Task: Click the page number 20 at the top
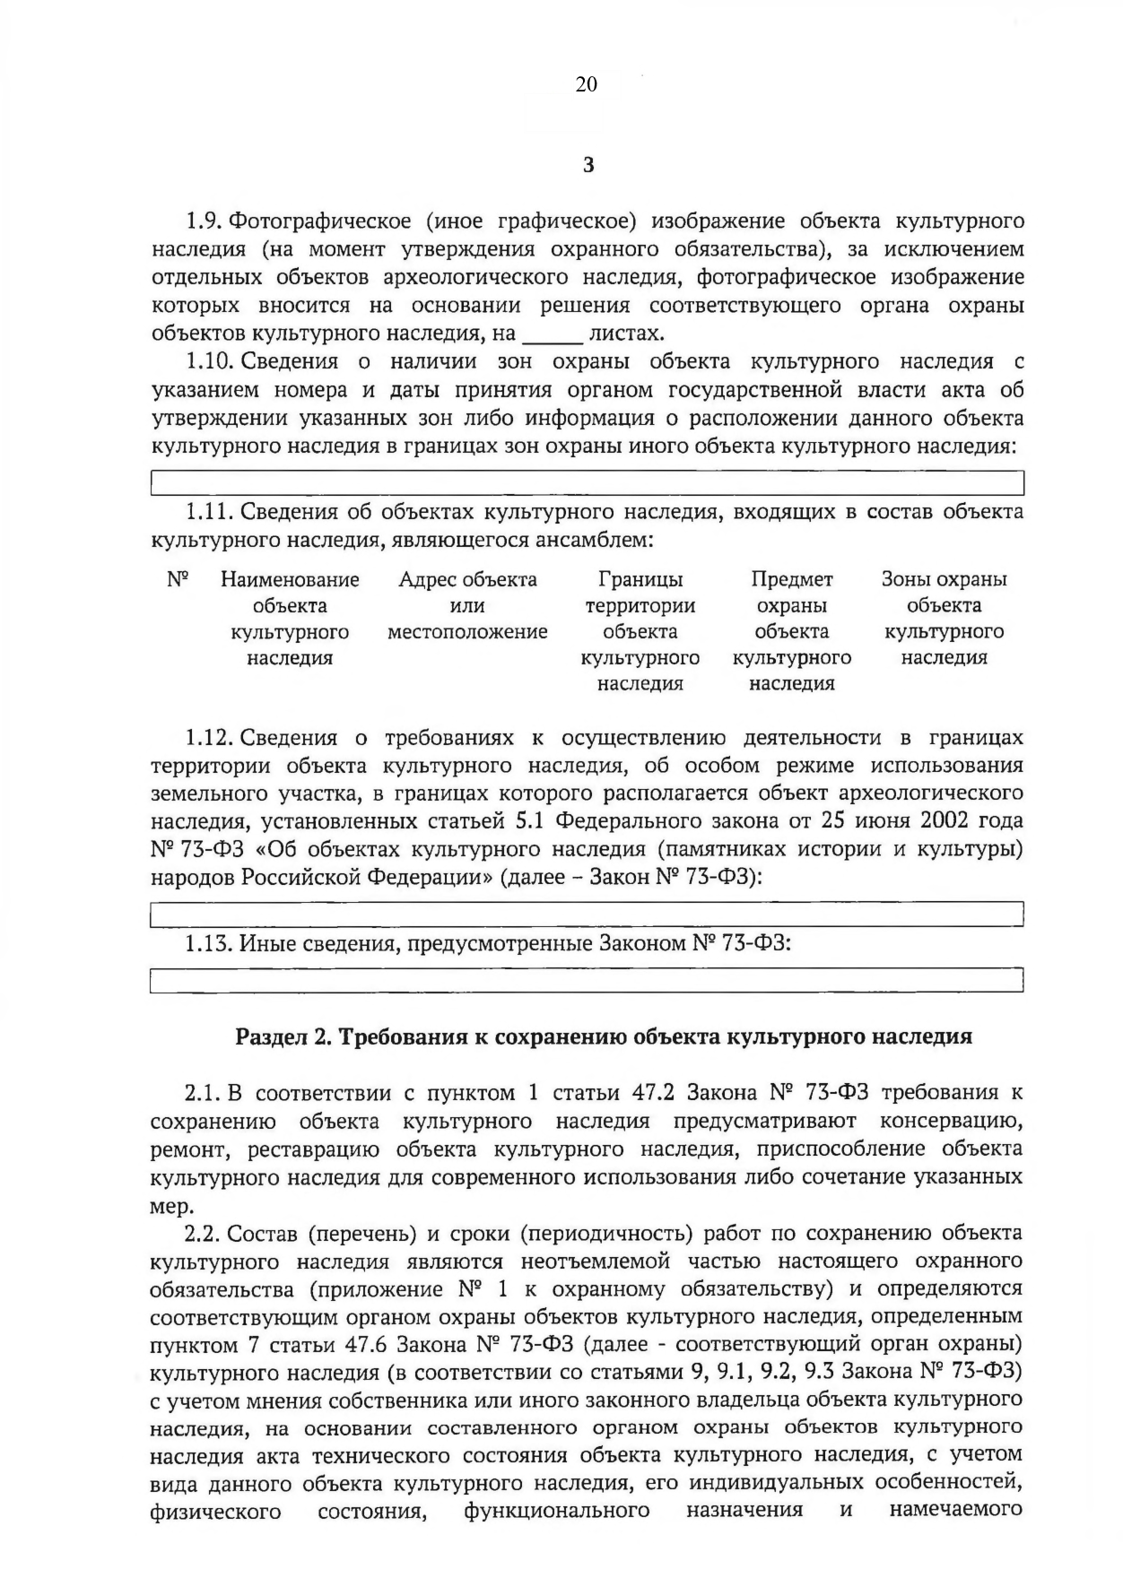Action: [586, 84]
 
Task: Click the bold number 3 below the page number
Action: [588, 165]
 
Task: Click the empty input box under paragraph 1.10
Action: [587, 484]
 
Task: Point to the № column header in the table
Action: [178, 580]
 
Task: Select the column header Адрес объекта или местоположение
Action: [467, 605]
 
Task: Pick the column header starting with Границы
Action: [640, 631]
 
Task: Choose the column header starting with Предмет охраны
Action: [791, 631]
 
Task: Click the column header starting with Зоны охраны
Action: [944, 618]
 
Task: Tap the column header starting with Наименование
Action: [290, 618]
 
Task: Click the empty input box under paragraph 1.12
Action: [587, 915]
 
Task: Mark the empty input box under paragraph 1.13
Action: [587, 980]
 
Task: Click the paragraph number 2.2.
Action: [202, 1234]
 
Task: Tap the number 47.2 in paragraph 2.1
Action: [651, 1093]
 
